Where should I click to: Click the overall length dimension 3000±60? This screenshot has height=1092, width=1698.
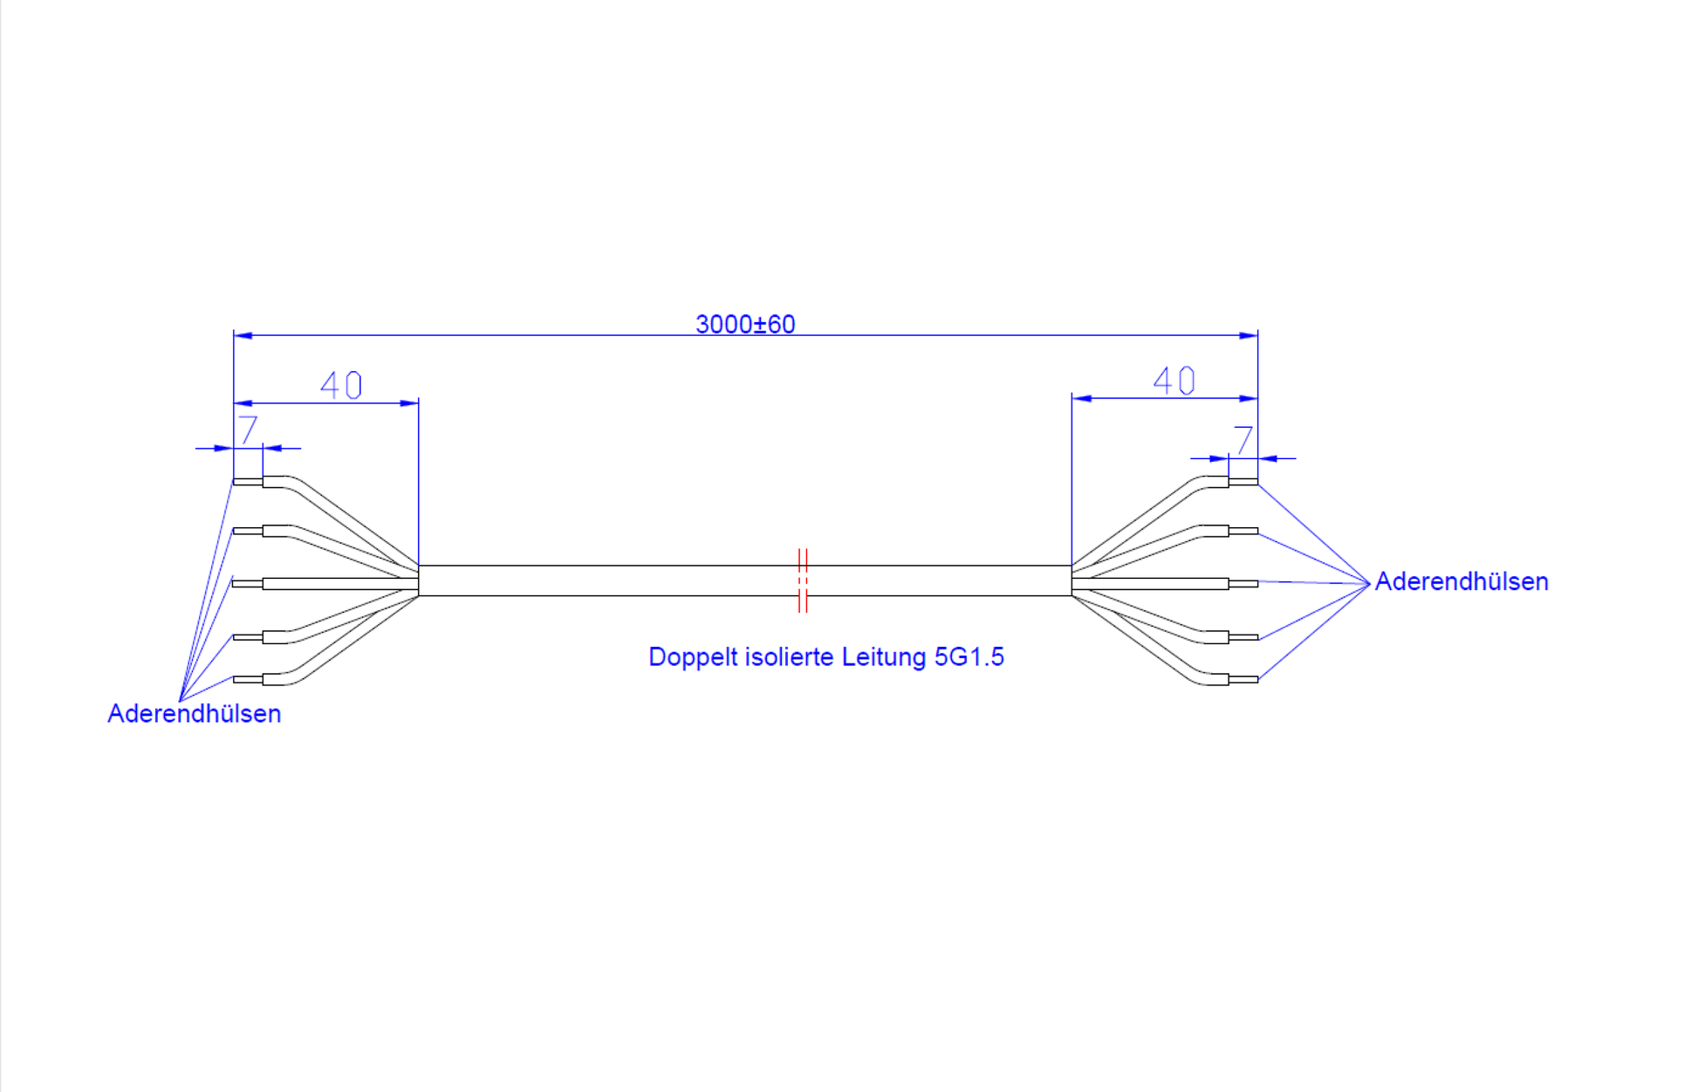745,325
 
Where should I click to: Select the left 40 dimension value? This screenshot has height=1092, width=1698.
341,385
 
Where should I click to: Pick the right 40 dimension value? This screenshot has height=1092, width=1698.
1174,381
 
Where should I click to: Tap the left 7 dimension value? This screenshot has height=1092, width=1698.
249,429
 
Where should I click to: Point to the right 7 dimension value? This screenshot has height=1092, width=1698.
1243,439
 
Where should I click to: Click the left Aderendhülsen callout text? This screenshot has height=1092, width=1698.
195,714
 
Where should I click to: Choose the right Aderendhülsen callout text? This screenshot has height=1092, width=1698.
1462,581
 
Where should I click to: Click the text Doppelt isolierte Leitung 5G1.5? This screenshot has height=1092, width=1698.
826,656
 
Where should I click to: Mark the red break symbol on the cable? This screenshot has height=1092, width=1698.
803,580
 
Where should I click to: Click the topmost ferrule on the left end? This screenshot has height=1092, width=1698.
248,481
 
